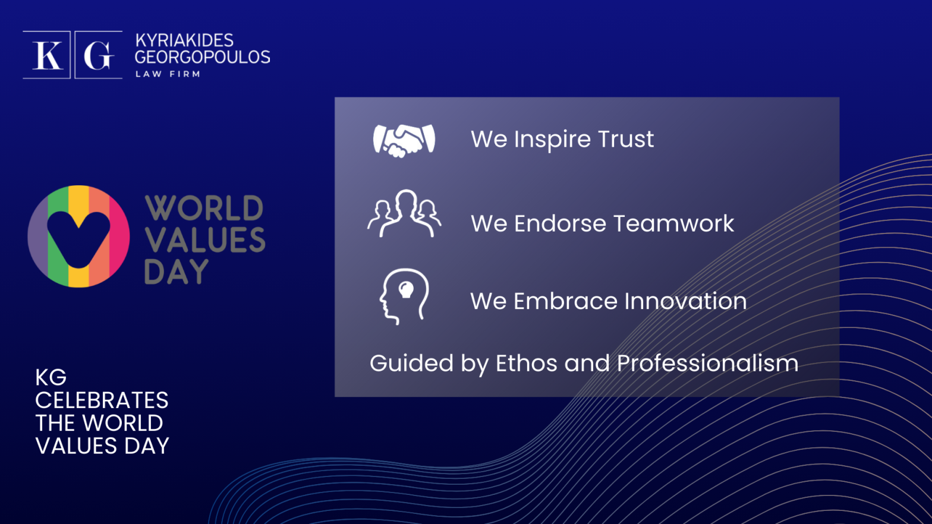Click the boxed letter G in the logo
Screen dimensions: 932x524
99,55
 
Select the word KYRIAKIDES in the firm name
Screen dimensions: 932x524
184,40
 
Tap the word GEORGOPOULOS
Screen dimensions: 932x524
203,57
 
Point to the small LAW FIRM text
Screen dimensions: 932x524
168,74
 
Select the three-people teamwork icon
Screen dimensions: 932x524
404,213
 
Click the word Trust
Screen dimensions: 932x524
626,139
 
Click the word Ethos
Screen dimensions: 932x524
527,363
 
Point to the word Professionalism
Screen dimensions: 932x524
708,363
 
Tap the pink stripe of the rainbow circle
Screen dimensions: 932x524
119,236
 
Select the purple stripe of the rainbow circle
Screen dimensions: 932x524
38,236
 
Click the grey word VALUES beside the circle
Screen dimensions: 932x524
205,239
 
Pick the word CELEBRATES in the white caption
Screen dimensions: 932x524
102,400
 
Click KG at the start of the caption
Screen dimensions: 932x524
51,378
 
